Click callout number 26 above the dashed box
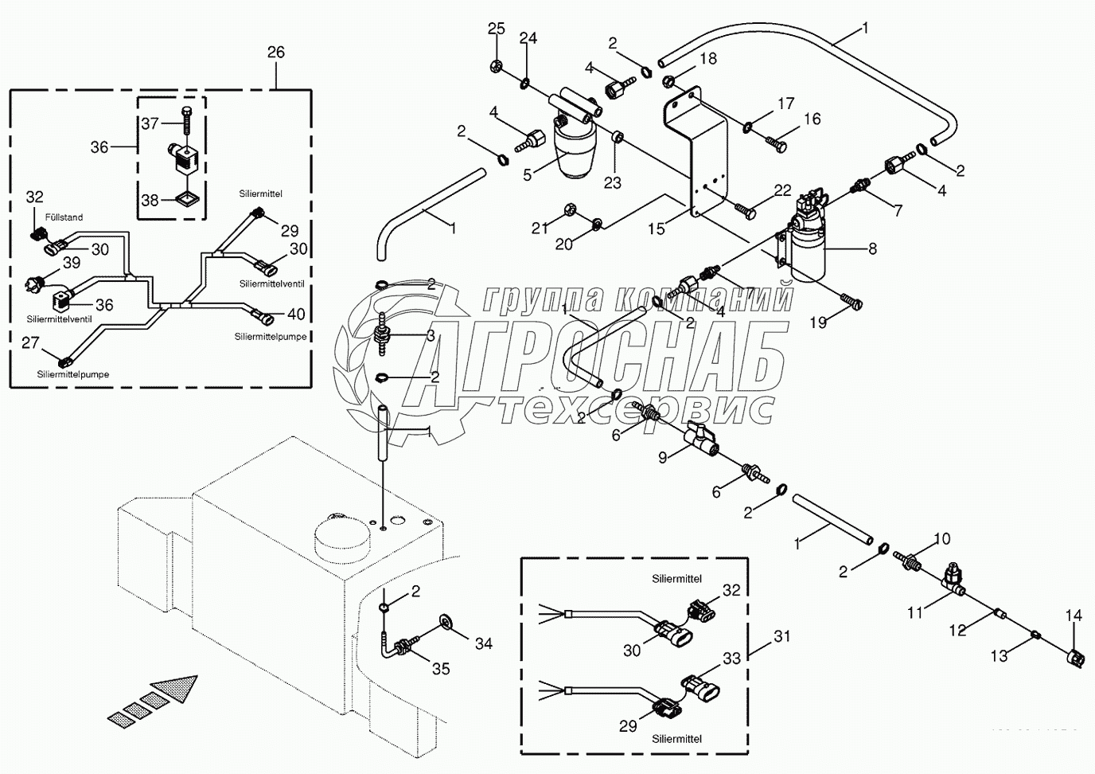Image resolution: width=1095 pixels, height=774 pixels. (x=275, y=53)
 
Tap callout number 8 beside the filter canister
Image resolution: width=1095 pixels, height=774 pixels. (x=872, y=248)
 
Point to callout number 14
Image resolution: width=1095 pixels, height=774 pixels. (x=1074, y=616)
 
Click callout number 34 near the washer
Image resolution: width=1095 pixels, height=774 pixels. (x=483, y=642)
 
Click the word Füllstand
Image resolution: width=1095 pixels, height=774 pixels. (x=64, y=217)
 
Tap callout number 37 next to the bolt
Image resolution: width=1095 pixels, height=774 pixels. (x=150, y=123)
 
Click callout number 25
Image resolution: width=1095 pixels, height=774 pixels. (x=496, y=29)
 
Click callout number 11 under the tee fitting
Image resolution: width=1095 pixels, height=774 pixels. (x=915, y=612)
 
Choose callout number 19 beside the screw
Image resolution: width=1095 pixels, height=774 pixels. (x=818, y=322)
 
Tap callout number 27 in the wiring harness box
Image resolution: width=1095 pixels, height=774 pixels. (x=30, y=342)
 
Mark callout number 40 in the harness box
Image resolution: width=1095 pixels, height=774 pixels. (x=296, y=313)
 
